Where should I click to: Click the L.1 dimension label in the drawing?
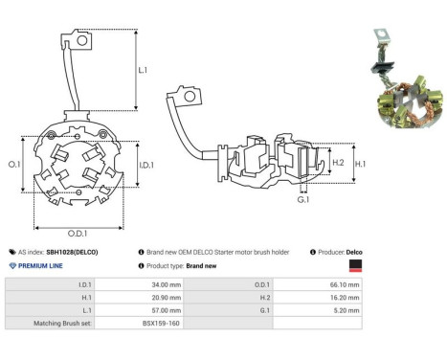pos(143,70)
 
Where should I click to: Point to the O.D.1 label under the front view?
pos(77,232)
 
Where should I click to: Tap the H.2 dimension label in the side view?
pos(337,162)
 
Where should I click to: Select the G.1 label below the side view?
pos(302,199)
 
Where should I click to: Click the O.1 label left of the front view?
pos(14,166)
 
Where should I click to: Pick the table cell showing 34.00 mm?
pos(153,285)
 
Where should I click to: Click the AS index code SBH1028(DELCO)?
pos(78,251)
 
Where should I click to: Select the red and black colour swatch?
pos(355,265)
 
